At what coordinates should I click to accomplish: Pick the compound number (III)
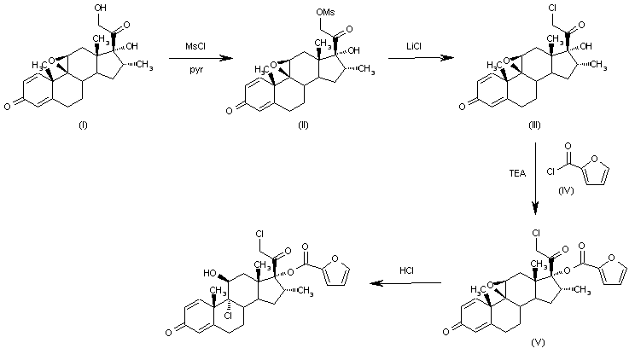(x=535, y=125)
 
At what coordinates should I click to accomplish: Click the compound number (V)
(x=537, y=342)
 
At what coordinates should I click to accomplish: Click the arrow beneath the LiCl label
(x=420, y=57)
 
